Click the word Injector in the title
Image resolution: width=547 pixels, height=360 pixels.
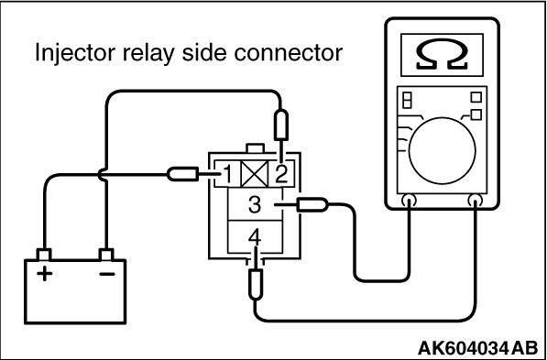click(x=74, y=53)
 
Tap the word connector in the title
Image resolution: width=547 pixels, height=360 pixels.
click(x=288, y=54)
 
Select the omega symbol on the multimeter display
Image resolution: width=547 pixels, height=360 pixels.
click(x=442, y=54)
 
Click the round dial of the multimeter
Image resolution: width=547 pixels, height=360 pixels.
click(x=442, y=151)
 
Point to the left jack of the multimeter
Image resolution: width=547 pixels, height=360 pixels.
click(x=409, y=201)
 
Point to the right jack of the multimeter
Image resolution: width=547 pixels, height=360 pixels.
click(x=476, y=201)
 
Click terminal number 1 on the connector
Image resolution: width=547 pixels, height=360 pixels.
click(x=227, y=174)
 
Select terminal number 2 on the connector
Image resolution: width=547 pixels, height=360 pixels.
click(x=281, y=174)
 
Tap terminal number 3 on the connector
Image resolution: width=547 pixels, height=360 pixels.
click(x=255, y=205)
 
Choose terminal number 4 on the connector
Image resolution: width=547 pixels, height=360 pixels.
click(x=255, y=239)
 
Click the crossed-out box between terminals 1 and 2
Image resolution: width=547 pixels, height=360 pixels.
click(x=255, y=174)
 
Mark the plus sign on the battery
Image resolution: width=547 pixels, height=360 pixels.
click(x=44, y=273)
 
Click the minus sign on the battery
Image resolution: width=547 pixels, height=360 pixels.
click(x=107, y=274)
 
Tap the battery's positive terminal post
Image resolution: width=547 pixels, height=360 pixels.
click(x=44, y=255)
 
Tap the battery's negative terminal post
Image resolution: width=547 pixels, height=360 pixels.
click(x=106, y=255)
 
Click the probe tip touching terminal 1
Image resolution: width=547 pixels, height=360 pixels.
click(x=183, y=174)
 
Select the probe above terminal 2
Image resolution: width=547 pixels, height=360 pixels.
click(x=281, y=125)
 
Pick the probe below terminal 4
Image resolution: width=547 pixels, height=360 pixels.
click(x=256, y=284)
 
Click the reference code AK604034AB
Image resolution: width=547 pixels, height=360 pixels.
click(x=477, y=348)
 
